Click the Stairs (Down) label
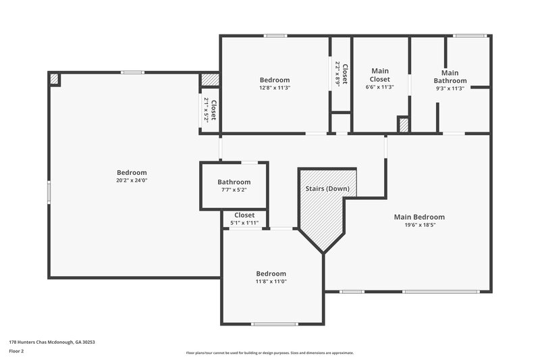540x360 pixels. coord(327,188)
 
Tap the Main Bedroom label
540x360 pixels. coord(419,217)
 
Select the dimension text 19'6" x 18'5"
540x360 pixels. coord(419,226)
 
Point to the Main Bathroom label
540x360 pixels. coord(450,76)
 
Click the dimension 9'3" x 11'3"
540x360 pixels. coord(450,88)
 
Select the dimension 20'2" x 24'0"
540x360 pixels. coord(132,180)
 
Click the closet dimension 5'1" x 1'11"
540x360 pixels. coord(244,223)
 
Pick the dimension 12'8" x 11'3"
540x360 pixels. coord(274,88)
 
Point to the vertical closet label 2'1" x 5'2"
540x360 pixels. coord(210,110)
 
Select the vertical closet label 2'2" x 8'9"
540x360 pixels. coord(342,73)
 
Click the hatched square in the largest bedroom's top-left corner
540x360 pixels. coord(55,79)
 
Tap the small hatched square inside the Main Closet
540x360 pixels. coord(403,125)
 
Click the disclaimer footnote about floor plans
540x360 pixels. coord(270,353)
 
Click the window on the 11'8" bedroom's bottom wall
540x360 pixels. coord(274,324)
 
